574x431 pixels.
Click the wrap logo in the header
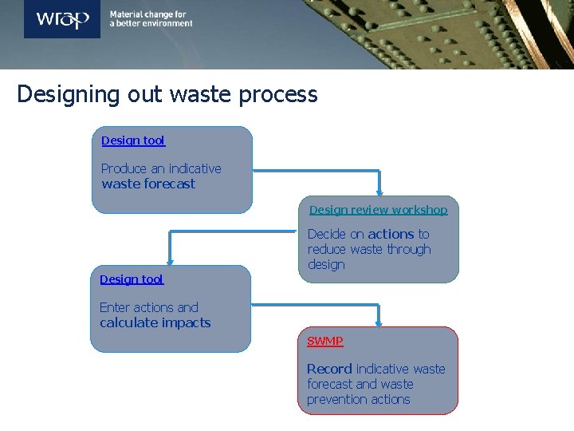click(x=61, y=19)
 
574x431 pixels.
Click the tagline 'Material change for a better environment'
click(x=151, y=19)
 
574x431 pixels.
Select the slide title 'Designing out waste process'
click(x=167, y=94)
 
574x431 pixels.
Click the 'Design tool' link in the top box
click(x=133, y=140)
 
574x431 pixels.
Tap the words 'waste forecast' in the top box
click(x=148, y=184)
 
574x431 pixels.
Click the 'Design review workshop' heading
click(x=378, y=210)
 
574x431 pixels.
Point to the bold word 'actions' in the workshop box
click(x=391, y=234)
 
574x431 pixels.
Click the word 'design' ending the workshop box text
click(x=326, y=264)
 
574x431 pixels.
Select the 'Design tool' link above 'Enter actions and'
click(x=132, y=279)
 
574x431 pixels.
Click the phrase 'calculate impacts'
click(x=155, y=322)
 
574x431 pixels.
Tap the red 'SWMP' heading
click(x=325, y=341)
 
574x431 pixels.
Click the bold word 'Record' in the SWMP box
click(x=329, y=369)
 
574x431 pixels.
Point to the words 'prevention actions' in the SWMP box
click(x=358, y=399)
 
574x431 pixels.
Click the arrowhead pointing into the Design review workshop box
click(x=379, y=192)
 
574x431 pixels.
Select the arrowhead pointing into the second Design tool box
click(x=170, y=261)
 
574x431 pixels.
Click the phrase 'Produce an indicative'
click(x=161, y=168)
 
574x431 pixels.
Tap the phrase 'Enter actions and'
click(x=149, y=307)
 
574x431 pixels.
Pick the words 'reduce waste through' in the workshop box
click(x=369, y=249)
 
